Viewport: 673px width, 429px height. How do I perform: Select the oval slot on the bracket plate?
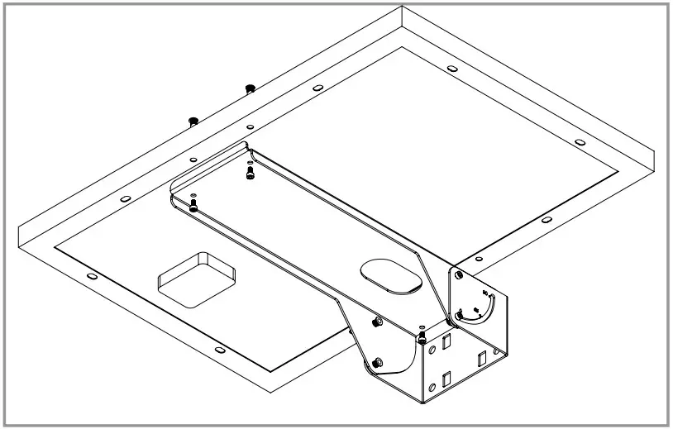tap(394, 275)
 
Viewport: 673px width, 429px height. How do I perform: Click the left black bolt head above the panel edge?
tap(193, 121)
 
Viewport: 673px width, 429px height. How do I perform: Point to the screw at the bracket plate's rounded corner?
tap(193, 203)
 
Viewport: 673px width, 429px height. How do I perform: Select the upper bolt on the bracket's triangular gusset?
tap(378, 321)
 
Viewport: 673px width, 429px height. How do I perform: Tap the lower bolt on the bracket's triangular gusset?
tap(377, 360)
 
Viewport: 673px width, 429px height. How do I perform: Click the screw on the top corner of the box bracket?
tap(422, 337)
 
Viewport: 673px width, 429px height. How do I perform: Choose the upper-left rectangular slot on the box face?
tap(447, 340)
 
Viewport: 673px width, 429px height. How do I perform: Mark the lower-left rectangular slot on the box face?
tap(446, 378)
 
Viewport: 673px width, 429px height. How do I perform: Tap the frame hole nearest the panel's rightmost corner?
tap(579, 142)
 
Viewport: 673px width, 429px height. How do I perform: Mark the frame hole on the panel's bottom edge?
tap(219, 350)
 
